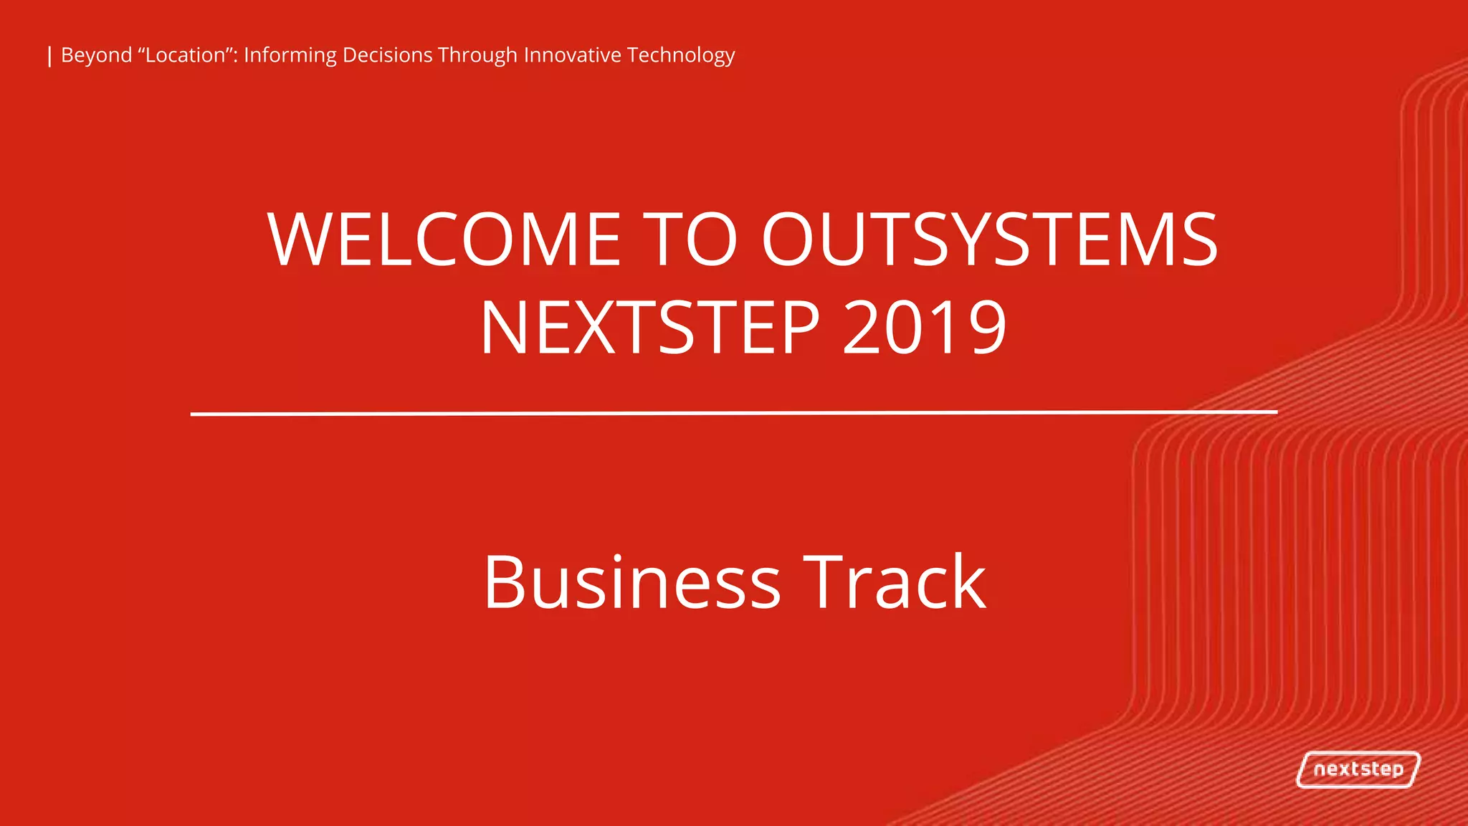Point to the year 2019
click(925, 328)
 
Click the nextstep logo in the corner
click(1358, 769)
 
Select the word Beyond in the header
click(97, 56)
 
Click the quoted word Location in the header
click(186, 55)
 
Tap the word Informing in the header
click(290, 56)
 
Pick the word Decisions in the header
click(387, 55)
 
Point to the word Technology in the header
click(681, 56)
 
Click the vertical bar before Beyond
click(49, 56)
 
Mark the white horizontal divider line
click(734, 413)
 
